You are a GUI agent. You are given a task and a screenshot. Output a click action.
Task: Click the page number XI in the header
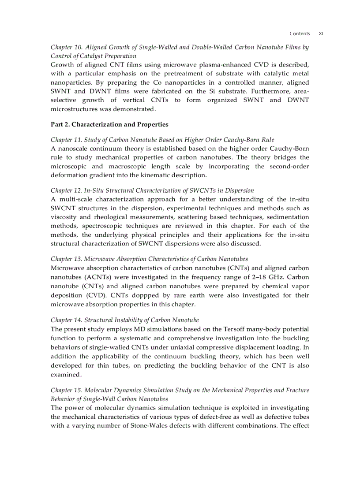point(321,33)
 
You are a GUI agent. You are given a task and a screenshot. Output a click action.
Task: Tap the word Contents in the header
point(300,33)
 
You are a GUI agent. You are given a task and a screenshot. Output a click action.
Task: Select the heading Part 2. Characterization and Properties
point(109,125)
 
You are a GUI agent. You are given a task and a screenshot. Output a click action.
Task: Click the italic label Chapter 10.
point(66,47)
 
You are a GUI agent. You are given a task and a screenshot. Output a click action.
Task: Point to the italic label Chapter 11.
point(66,140)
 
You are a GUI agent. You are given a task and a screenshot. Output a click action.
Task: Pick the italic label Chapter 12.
point(66,191)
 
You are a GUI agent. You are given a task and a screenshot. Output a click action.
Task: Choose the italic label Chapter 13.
point(66,259)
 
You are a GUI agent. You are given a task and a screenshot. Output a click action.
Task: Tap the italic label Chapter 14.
point(66,320)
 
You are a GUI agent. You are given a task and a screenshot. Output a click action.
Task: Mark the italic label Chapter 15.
point(66,391)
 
